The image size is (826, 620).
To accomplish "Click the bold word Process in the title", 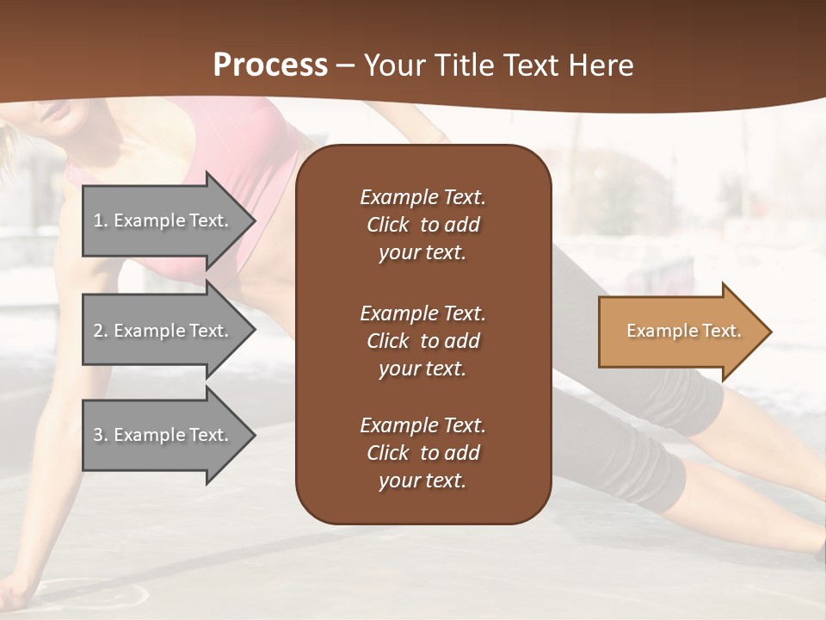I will (x=270, y=65).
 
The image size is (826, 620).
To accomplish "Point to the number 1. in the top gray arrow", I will (x=101, y=220).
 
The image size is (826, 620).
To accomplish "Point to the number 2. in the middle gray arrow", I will (x=101, y=331).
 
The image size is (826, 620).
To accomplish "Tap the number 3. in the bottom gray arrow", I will (x=101, y=435).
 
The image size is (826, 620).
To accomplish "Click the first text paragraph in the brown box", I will (x=422, y=225).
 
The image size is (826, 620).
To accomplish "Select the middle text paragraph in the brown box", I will (x=422, y=340).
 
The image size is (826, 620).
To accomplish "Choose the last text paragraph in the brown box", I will (x=422, y=453).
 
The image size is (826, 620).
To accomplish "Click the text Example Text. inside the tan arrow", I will (x=683, y=331).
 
